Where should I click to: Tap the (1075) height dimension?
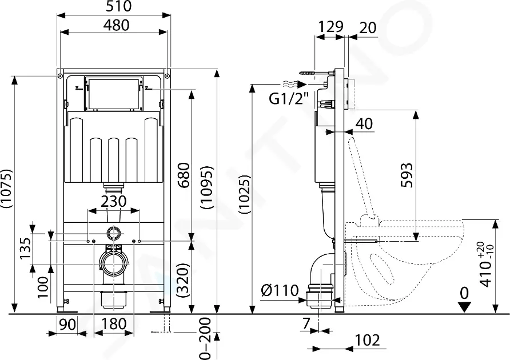(x=7, y=191)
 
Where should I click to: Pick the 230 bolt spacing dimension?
(x=114, y=202)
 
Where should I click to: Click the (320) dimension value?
(x=183, y=277)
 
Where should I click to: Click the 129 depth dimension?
(x=330, y=26)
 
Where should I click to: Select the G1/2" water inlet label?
(x=289, y=98)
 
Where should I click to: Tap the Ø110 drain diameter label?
(x=280, y=290)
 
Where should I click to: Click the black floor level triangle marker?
(x=465, y=306)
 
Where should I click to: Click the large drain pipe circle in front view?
(x=113, y=265)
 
